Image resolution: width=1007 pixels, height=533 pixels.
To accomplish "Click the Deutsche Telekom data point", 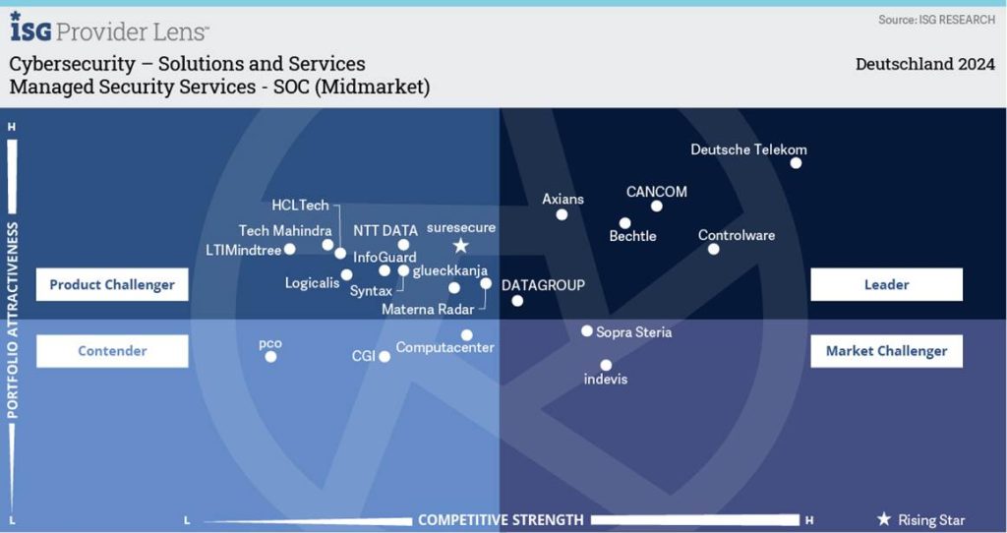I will [796, 163].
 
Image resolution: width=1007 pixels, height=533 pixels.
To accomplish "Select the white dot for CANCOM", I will [657, 207].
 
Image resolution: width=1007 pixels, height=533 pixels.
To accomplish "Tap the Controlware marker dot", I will [714, 249].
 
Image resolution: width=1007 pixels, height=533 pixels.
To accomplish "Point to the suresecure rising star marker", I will [460, 246].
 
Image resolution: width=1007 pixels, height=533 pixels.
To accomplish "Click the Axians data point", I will [562, 214].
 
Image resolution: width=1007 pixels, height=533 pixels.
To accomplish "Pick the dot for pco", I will [270, 356].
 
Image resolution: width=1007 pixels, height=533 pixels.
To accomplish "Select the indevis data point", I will [606, 364].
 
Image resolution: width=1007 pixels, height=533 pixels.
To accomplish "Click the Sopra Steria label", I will [633, 332].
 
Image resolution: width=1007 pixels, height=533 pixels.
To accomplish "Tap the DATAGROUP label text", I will [543, 285].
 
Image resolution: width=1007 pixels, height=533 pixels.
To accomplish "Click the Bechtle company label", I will [632, 236].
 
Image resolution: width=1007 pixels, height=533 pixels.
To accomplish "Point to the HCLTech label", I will [300, 206].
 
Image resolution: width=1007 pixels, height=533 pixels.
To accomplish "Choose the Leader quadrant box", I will [886, 284].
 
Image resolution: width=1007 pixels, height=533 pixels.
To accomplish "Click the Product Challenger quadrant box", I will [112, 284].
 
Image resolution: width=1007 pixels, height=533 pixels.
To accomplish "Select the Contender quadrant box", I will [112, 350].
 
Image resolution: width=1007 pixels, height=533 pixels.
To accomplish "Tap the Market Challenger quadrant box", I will [886, 350].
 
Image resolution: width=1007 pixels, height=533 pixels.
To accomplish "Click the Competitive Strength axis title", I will [501, 519].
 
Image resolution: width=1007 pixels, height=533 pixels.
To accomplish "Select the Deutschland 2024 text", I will [924, 65].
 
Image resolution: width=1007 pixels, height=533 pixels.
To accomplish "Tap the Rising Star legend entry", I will [920, 519].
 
